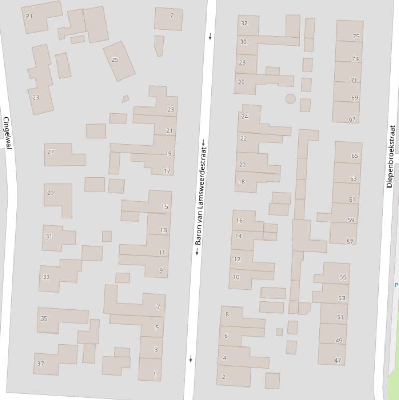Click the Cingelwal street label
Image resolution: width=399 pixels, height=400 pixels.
pyautogui.click(x=7, y=133)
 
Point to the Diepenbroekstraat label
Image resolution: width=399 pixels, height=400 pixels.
pyautogui.click(x=391, y=156)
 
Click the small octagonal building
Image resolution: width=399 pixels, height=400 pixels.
pyautogui.click(x=290, y=98)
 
